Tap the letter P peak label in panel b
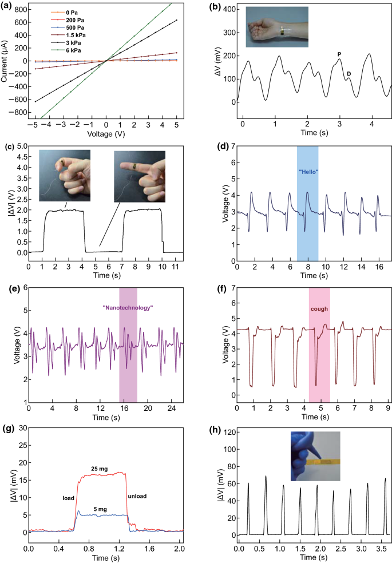point(339,54)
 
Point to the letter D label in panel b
point(349,73)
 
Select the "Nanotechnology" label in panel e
point(128,307)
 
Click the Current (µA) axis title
point(7,60)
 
